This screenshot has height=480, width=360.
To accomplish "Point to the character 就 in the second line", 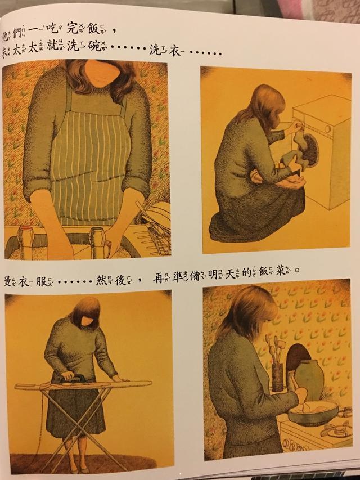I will [56, 50].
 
